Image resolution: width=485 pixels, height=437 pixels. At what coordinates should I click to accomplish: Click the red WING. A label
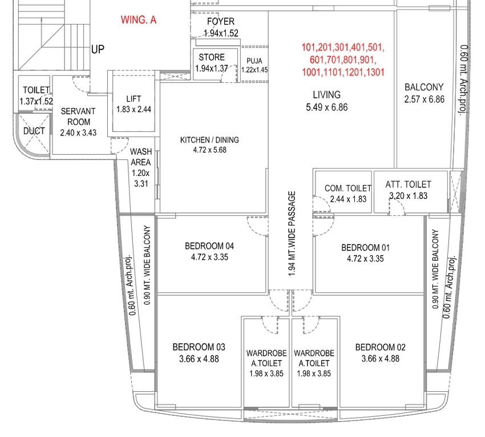[139, 20]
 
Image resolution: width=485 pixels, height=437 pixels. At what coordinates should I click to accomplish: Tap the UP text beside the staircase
[98, 49]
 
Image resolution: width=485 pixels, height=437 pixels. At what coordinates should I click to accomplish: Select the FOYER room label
[221, 21]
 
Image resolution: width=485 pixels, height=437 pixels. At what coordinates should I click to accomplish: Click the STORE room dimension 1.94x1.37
[212, 68]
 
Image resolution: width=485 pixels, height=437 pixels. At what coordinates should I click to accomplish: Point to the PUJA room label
[254, 61]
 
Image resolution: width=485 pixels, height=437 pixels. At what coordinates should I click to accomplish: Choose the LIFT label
[134, 99]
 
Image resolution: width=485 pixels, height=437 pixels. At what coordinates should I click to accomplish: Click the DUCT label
[34, 131]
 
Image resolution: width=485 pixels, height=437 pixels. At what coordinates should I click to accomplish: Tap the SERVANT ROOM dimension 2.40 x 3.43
[78, 133]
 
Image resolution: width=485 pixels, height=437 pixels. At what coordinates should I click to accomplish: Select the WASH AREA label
[141, 157]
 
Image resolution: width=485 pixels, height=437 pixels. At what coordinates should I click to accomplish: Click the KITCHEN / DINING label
[209, 140]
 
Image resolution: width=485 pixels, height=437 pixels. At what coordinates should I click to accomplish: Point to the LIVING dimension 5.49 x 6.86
[326, 107]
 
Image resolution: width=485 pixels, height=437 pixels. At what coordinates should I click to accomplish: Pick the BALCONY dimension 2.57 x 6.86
[424, 99]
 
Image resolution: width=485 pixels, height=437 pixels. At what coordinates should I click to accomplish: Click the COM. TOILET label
[348, 189]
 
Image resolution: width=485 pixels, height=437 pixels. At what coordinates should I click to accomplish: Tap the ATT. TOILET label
[409, 185]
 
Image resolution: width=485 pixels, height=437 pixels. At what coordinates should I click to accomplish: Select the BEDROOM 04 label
[209, 246]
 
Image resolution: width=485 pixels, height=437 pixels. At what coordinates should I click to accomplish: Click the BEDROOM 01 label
[365, 247]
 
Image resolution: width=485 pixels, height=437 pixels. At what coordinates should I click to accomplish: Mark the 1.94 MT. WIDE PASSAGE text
[292, 234]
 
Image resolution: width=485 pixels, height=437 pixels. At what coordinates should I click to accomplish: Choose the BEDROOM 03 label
[199, 347]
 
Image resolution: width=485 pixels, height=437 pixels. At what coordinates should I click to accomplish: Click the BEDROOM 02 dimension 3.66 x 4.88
[380, 359]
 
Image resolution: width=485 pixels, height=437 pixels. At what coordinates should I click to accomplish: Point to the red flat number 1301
[375, 72]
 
